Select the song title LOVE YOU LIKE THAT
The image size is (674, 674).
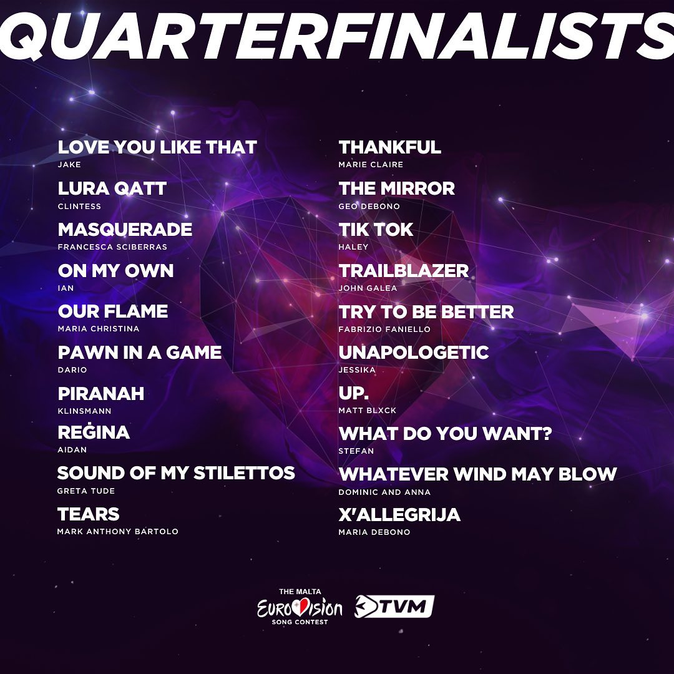point(157,147)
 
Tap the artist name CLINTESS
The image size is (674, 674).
point(79,207)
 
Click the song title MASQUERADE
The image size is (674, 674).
point(125,230)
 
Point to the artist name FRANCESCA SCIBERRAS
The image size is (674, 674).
point(112,247)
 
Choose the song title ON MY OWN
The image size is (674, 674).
point(115,271)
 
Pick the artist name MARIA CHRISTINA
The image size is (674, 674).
point(99,329)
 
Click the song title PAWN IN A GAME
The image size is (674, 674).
point(140,353)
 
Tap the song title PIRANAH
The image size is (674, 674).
point(101,394)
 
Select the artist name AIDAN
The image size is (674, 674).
point(72,449)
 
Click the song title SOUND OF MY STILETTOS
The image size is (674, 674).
point(176,473)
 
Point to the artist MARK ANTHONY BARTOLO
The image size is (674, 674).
point(118,532)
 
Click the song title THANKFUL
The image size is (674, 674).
point(390,147)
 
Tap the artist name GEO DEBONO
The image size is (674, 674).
point(369,207)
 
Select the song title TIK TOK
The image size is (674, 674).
point(376,230)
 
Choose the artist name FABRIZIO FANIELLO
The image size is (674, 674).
point(384,330)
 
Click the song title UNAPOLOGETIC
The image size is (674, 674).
point(414,353)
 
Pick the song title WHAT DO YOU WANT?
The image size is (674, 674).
point(446,434)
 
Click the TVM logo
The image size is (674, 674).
point(394,607)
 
